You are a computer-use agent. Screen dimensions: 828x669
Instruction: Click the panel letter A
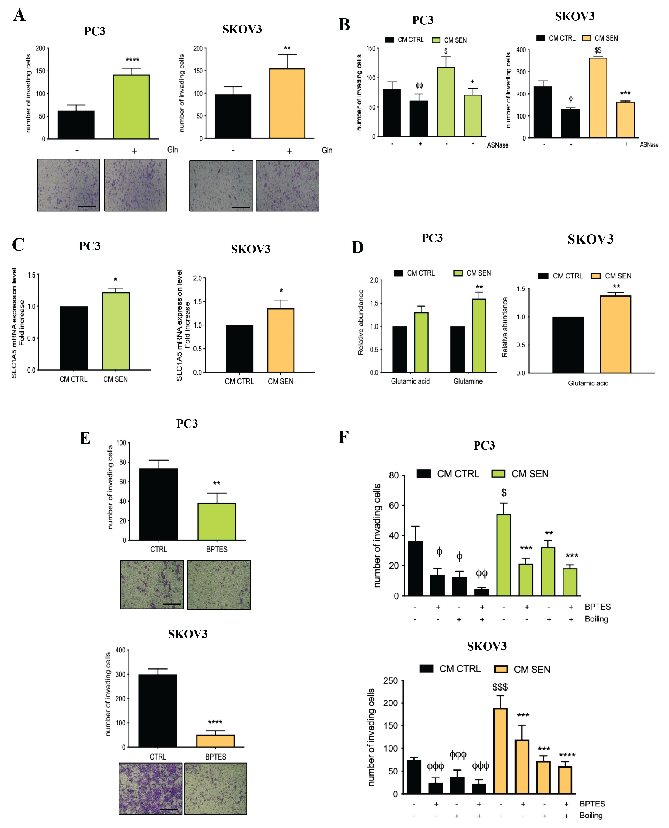coord(19,16)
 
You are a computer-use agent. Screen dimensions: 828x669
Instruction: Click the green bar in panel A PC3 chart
coord(131,107)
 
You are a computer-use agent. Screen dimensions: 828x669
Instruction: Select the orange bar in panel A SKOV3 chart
coord(287,103)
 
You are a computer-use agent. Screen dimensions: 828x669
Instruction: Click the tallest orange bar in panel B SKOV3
coord(598,98)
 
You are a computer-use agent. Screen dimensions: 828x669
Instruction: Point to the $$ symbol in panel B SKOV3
coord(598,50)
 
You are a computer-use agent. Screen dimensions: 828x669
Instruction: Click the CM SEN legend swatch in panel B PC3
coord(436,40)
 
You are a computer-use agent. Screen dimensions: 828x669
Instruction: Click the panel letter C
coord(18,245)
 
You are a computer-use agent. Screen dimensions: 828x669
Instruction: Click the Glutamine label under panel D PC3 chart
coord(468,381)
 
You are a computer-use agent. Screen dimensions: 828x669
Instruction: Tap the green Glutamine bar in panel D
coord(479,336)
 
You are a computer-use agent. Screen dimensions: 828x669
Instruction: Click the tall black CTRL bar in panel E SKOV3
coord(158,711)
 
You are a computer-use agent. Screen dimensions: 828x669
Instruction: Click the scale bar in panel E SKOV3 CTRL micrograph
coord(169,809)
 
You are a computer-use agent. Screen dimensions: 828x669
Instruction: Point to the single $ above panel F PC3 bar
coord(504,492)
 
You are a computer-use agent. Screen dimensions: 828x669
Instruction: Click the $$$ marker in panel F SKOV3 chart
coord(500,687)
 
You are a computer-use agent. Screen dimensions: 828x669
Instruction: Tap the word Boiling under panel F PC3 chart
coord(596,619)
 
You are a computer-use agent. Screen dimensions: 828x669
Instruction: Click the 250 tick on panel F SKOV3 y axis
coord(390,681)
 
